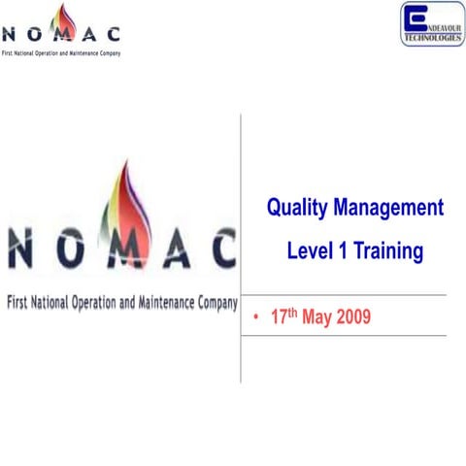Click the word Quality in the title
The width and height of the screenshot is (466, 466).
click(297, 208)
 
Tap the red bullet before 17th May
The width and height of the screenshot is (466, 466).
click(253, 318)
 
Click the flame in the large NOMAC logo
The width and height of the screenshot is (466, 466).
click(123, 209)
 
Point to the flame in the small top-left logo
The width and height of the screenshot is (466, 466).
click(66, 19)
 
